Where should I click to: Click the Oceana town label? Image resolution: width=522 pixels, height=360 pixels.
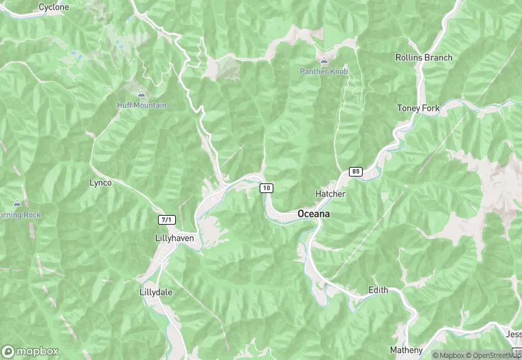[x=313, y=214]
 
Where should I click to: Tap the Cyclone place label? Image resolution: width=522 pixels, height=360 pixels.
[x=54, y=7]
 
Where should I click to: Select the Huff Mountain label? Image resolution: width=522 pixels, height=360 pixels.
[x=141, y=105]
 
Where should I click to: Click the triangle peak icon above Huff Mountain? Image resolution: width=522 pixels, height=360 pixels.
[x=141, y=94]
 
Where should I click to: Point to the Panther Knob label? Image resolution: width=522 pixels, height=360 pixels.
[x=324, y=71]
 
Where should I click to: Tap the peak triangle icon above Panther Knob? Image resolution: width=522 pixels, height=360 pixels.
[x=324, y=60]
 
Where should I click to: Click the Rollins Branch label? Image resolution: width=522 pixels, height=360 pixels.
[x=424, y=58]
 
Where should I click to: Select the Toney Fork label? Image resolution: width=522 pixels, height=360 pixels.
[x=418, y=108]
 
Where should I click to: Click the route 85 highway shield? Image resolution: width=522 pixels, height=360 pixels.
[x=355, y=171]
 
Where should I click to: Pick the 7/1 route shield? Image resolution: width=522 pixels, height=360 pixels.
[x=167, y=220]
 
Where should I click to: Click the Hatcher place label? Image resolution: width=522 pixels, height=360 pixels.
[x=330, y=194]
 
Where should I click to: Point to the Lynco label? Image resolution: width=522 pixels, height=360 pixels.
[x=100, y=183]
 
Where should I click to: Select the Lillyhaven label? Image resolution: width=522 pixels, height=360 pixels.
[x=174, y=238]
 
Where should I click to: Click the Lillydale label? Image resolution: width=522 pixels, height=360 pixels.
[x=156, y=292]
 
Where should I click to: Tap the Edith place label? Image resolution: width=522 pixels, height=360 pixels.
[x=378, y=290]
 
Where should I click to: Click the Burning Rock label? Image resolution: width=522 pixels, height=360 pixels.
[x=21, y=215]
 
